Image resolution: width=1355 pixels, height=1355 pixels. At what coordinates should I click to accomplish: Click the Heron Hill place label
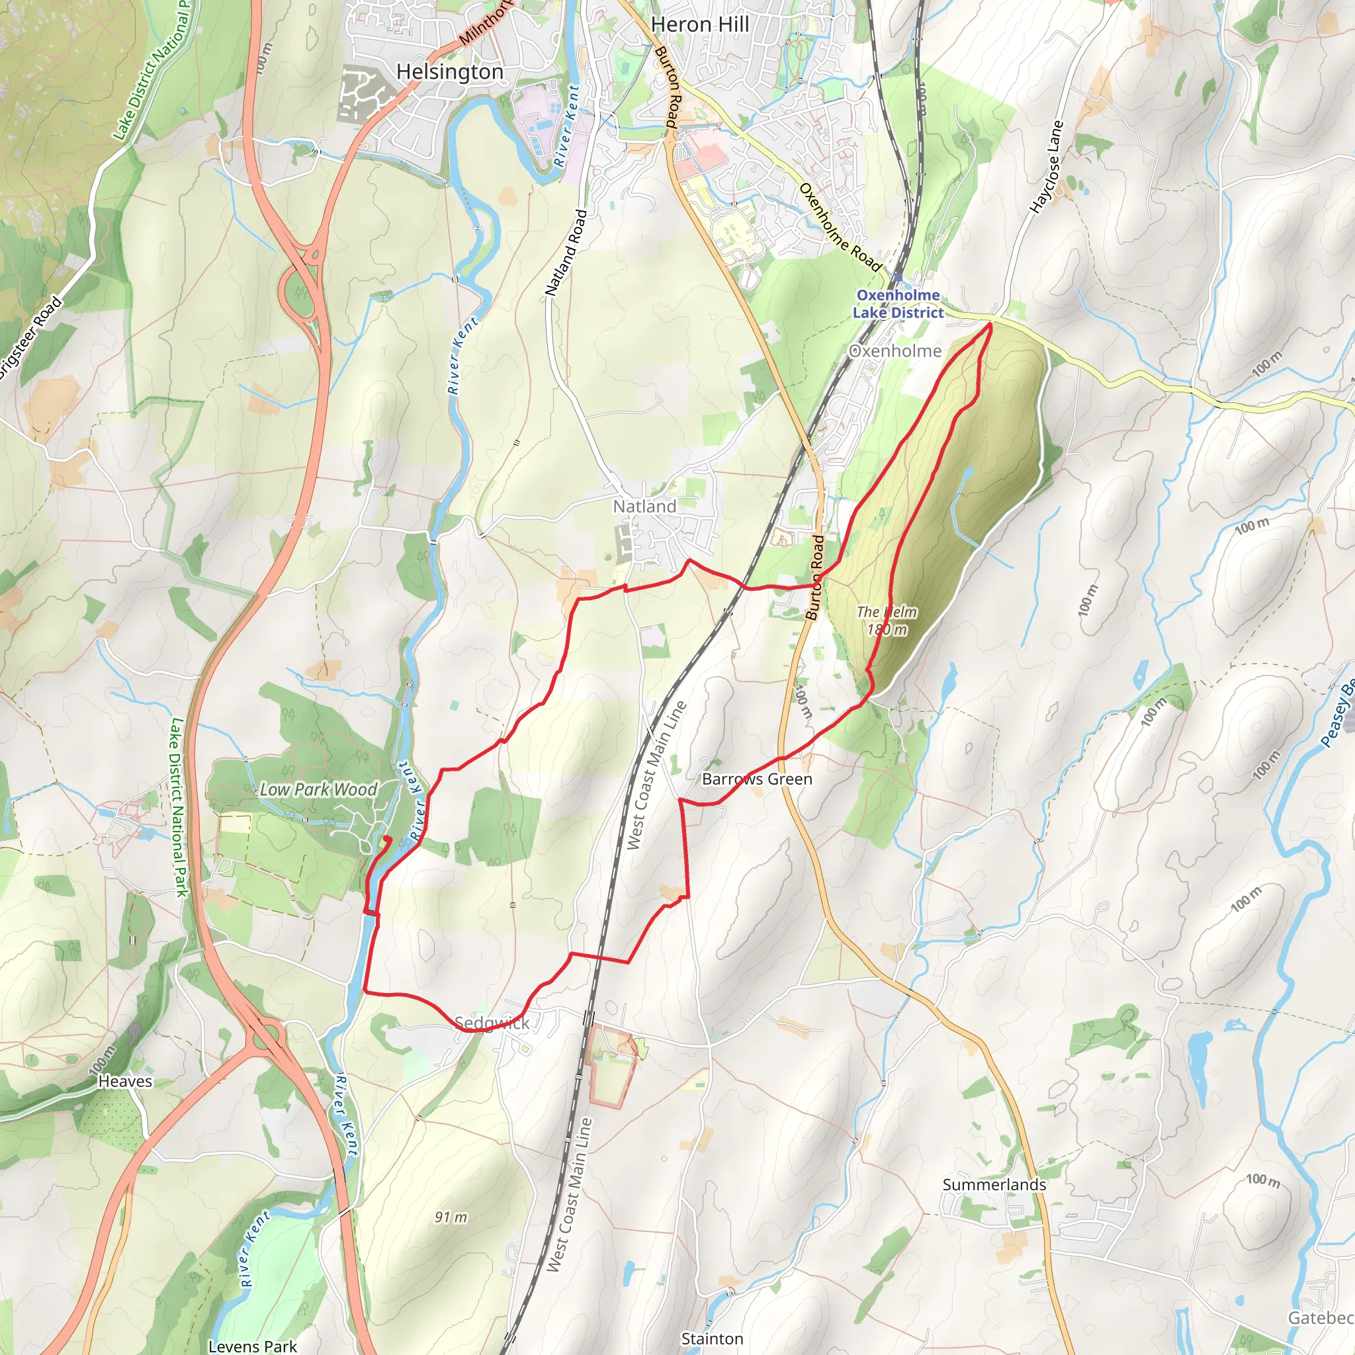700,24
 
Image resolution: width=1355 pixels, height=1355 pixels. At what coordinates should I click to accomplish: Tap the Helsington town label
449,72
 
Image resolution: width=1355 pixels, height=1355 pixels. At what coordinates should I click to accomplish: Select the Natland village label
644,506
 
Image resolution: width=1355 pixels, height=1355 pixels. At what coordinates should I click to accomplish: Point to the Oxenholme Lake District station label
898,304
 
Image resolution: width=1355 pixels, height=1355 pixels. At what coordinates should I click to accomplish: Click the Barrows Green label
757,779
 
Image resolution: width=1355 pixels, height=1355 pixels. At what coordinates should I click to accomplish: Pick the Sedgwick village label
492,1023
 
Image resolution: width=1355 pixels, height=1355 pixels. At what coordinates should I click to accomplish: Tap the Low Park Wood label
318,790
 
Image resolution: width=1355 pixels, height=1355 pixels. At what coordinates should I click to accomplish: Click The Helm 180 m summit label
887,621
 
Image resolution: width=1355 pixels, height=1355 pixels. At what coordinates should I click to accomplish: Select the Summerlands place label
994,1184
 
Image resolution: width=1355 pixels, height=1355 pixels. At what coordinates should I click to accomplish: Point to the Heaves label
125,1082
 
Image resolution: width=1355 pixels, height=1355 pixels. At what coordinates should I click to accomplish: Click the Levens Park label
253,1346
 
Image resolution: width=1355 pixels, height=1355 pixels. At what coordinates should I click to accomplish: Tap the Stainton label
712,1338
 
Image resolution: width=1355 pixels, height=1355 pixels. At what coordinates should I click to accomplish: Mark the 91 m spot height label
451,1217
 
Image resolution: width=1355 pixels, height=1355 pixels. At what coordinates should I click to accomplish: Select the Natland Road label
565,253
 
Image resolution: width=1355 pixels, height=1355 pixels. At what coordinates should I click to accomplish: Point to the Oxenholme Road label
840,227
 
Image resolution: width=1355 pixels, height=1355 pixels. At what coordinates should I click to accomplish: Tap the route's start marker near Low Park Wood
387,838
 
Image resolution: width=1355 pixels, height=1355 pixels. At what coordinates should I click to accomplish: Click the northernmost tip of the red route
990,324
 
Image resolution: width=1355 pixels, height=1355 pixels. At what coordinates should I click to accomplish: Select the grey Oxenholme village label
895,351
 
